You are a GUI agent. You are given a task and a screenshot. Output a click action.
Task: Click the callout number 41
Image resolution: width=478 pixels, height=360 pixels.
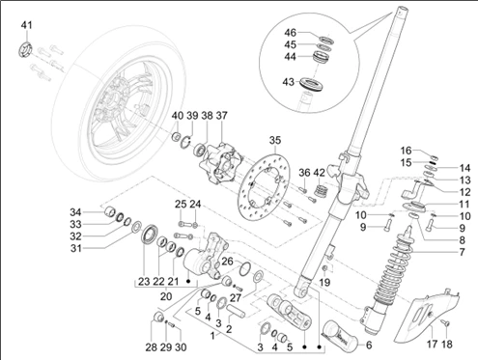point(26,24)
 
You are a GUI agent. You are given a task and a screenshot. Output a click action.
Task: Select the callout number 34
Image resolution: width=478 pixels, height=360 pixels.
point(75,212)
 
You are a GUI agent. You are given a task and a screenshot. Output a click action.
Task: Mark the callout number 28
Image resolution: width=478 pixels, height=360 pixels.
point(152,346)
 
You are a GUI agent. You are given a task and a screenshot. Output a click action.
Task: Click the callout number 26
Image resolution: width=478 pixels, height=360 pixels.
point(228,261)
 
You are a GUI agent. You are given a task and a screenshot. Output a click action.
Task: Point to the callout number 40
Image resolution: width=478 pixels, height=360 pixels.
point(177,117)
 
